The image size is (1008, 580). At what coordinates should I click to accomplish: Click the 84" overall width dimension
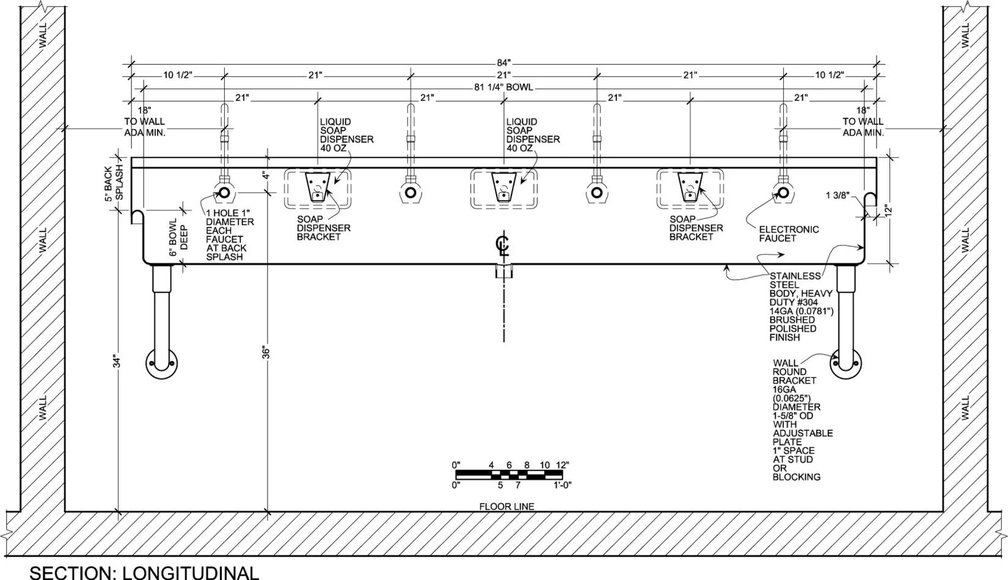tap(503, 63)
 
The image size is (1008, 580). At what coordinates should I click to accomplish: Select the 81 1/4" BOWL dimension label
tap(503, 87)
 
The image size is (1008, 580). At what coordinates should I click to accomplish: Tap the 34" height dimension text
tap(117, 362)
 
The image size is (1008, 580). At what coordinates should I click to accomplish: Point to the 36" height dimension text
tap(266, 353)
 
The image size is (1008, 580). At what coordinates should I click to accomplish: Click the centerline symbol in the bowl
tap(503, 246)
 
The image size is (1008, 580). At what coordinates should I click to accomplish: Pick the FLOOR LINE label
tap(506, 507)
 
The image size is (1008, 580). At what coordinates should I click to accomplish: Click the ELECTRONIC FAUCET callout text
tap(789, 233)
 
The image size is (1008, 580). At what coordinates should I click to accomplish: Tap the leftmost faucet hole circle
tap(224, 193)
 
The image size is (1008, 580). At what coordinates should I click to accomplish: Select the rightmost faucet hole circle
tap(783, 193)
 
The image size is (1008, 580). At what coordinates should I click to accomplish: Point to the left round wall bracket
tap(161, 364)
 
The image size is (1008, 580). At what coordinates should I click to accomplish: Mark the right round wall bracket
tap(846, 364)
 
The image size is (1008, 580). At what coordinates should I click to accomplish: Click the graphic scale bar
tap(509, 475)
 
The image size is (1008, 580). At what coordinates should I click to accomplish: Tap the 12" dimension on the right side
tap(887, 211)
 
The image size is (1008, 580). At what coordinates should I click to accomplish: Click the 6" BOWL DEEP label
tap(178, 237)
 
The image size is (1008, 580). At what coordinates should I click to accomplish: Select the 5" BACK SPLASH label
tap(114, 183)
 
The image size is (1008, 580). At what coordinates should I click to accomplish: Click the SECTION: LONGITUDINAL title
tap(144, 573)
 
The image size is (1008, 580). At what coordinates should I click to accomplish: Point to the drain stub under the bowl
tap(504, 271)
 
